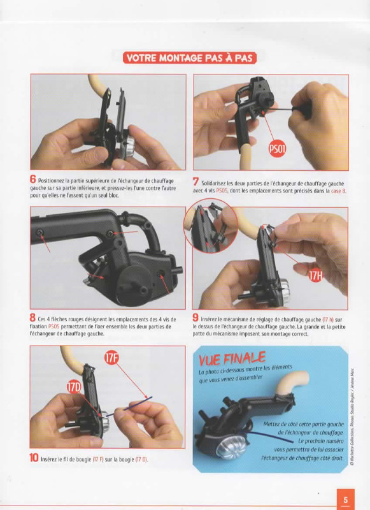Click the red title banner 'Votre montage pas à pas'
(x=190, y=58)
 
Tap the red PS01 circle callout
(x=277, y=149)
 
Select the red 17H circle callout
(x=316, y=276)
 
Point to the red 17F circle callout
(x=111, y=358)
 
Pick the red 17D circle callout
(x=74, y=388)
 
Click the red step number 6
(x=32, y=179)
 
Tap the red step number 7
(x=196, y=182)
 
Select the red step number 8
(x=32, y=317)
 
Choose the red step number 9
(x=196, y=318)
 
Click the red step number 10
(x=34, y=458)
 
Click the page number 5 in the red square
(x=345, y=499)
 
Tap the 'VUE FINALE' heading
(x=232, y=359)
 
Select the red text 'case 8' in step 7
(x=339, y=191)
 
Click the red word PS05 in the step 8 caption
(x=54, y=326)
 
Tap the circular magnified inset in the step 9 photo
(x=211, y=226)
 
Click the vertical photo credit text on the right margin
(x=352, y=418)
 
